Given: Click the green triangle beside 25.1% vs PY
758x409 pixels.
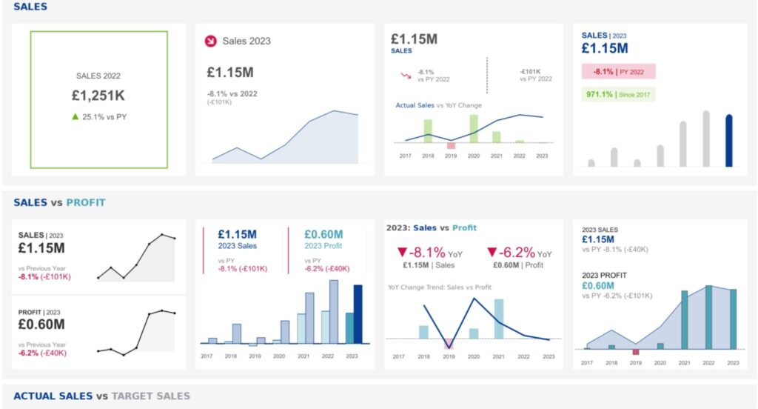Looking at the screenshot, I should [75, 116].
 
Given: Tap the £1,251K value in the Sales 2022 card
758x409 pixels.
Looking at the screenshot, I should [98, 96].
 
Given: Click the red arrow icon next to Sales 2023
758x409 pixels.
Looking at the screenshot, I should [210, 41].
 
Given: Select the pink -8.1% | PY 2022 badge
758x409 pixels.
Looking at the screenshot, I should [618, 72].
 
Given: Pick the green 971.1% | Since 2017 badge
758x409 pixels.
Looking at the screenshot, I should [618, 94].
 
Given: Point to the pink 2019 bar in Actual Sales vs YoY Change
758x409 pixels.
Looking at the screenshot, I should [451, 146].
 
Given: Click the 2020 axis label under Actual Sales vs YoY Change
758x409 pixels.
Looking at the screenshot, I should [474, 156].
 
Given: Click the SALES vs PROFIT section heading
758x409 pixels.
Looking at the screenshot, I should [59, 202].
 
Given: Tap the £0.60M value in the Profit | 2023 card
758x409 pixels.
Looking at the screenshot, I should [41, 324].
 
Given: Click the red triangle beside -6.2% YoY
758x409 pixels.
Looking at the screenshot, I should [492, 252].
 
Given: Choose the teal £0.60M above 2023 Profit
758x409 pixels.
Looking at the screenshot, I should [323, 234].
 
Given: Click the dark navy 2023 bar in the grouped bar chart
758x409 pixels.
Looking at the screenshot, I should [359, 314].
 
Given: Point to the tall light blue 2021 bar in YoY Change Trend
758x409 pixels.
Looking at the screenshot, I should [499, 319].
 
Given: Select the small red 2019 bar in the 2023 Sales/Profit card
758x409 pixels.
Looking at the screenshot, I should [635, 352].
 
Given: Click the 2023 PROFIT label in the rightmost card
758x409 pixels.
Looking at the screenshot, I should [604, 275].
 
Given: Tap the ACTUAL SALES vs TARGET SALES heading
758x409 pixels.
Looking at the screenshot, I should [101, 396].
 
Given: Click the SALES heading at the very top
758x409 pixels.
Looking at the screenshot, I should [30, 7].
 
